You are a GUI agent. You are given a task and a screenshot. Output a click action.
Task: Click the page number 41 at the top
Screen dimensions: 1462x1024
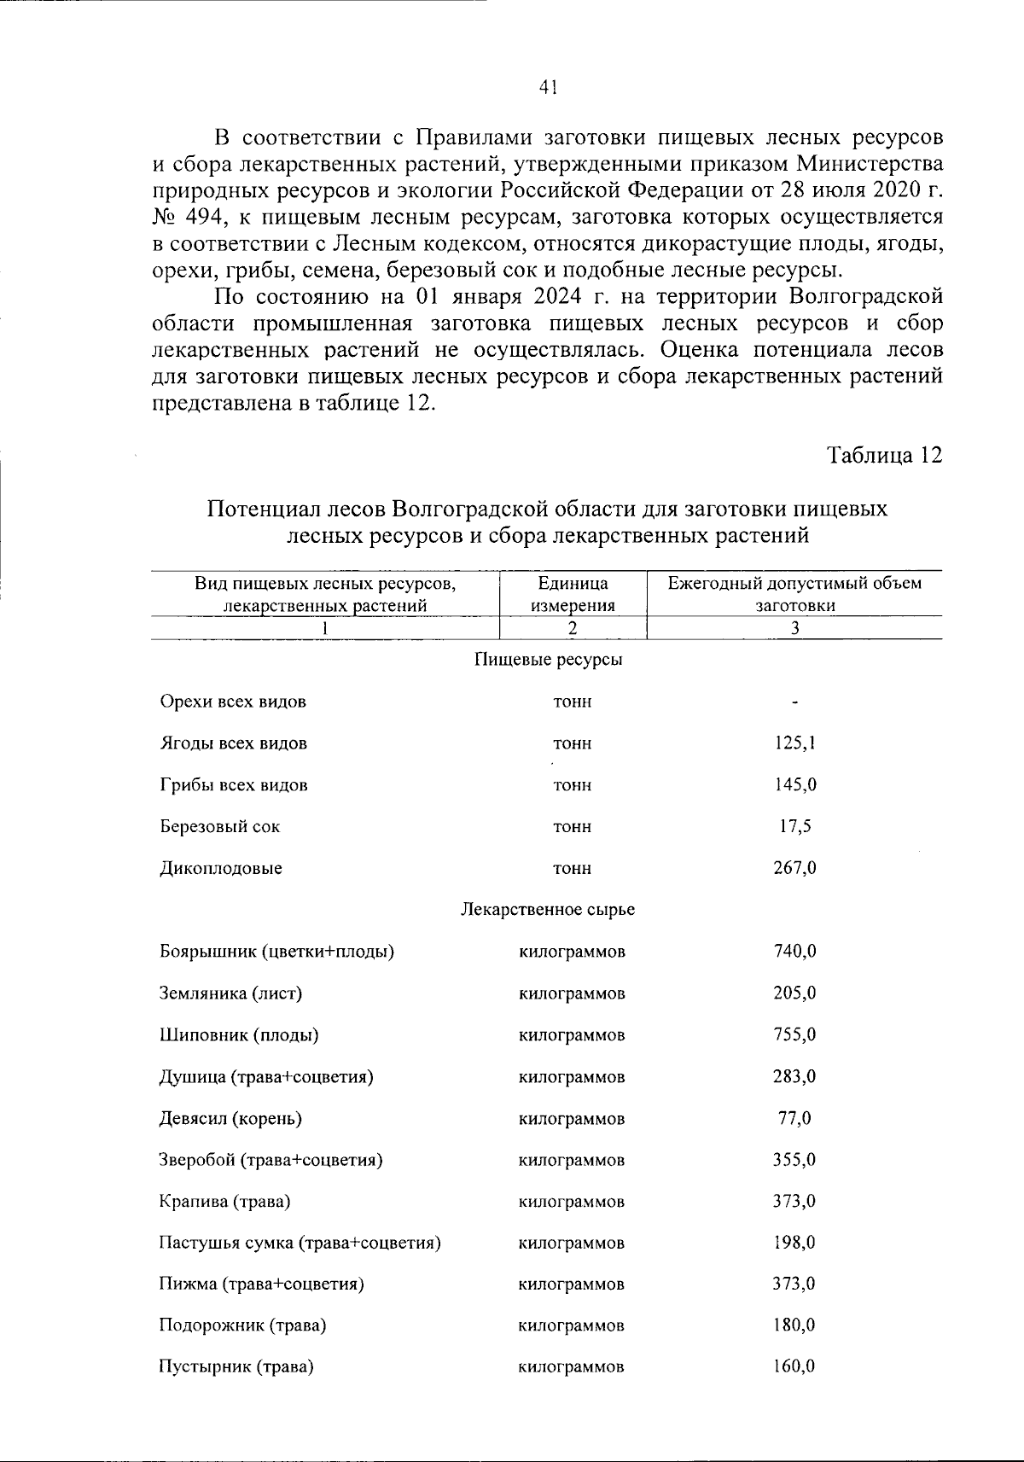548,86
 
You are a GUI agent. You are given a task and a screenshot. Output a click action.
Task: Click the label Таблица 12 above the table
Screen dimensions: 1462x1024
885,455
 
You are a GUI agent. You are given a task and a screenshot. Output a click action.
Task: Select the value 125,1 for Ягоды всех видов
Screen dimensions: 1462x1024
794,743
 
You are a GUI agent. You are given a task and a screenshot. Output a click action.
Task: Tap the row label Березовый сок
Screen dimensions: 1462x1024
219,826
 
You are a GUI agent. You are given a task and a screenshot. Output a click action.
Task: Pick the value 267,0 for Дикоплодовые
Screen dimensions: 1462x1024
794,868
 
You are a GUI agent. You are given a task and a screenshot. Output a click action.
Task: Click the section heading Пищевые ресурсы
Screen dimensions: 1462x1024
548,660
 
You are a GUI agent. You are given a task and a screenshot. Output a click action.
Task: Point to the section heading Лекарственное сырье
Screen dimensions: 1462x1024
548,910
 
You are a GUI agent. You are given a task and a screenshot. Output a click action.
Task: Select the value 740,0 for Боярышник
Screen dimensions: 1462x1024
794,951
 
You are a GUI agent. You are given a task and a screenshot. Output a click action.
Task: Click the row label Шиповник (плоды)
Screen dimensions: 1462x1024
239,1034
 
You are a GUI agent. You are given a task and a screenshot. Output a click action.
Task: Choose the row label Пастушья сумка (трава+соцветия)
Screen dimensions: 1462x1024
300,1243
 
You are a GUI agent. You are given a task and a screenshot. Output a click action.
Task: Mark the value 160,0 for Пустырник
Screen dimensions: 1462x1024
794,1366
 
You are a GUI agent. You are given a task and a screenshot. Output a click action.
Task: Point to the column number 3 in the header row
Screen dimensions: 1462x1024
794,628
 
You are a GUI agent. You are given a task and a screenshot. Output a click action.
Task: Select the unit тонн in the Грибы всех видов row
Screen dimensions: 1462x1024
572,785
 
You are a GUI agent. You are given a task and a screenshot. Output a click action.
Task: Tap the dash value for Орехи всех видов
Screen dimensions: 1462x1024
794,702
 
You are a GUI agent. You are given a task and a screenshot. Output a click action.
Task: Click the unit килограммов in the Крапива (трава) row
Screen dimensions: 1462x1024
572,1202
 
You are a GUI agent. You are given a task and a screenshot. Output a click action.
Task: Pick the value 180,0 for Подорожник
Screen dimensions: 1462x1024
794,1325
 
